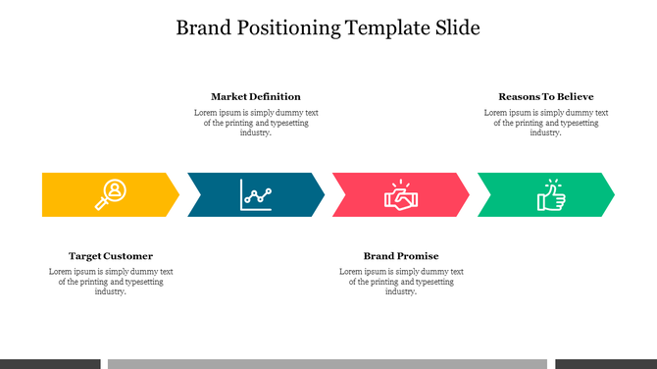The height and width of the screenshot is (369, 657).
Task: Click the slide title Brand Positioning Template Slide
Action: click(x=328, y=27)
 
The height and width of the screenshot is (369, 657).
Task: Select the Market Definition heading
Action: click(x=256, y=96)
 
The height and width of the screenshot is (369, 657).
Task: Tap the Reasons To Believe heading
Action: click(x=546, y=96)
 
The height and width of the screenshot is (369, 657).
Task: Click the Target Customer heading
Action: click(x=111, y=256)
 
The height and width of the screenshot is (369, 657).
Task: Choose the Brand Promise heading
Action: click(x=401, y=256)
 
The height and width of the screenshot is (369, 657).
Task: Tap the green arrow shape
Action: click(x=510, y=194)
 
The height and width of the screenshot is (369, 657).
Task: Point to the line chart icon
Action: click(x=256, y=194)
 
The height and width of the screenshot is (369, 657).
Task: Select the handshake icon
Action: click(x=401, y=194)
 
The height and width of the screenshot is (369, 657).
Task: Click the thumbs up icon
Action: click(x=550, y=194)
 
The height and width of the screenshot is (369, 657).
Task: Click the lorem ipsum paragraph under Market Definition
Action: click(x=256, y=123)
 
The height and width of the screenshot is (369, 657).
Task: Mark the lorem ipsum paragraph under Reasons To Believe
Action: click(x=546, y=123)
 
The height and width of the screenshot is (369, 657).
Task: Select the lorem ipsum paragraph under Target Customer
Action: click(x=111, y=282)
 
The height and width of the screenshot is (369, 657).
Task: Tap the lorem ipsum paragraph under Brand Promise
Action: click(x=401, y=282)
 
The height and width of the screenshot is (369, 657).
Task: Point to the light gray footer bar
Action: click(x=328, y=364)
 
